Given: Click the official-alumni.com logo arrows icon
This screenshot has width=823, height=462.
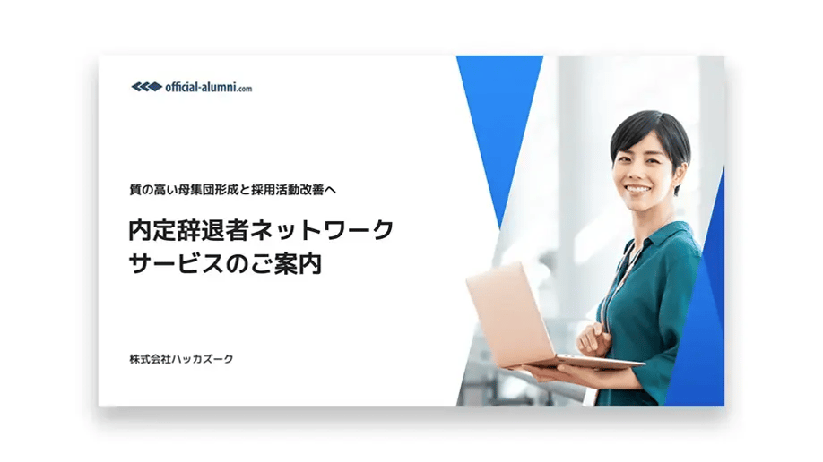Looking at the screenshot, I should [146, 87].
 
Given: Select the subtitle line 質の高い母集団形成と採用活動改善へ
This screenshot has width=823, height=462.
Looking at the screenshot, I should [231, 189].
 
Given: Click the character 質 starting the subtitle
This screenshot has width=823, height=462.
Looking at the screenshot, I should [135, 189].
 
